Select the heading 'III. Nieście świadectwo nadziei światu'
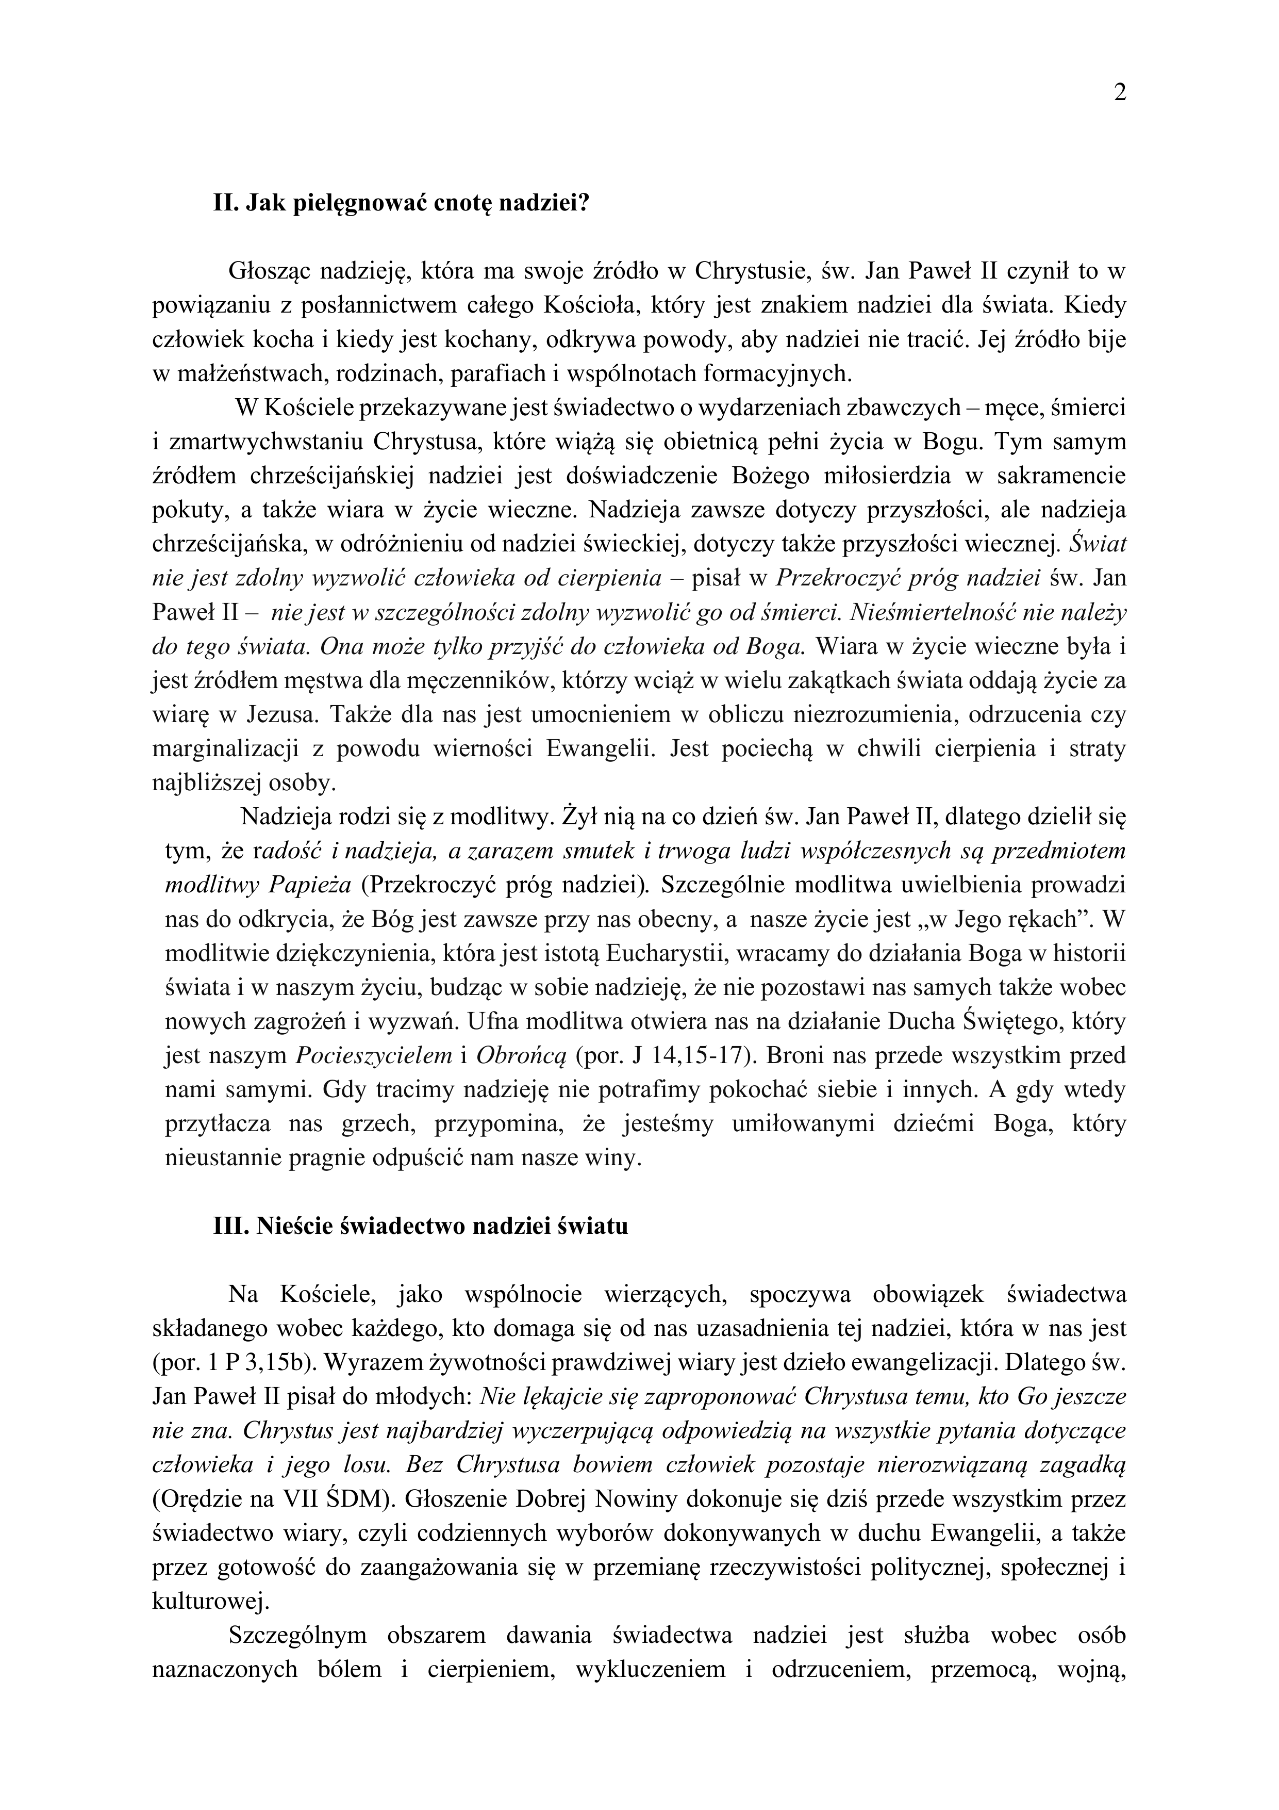[421, 1227]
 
